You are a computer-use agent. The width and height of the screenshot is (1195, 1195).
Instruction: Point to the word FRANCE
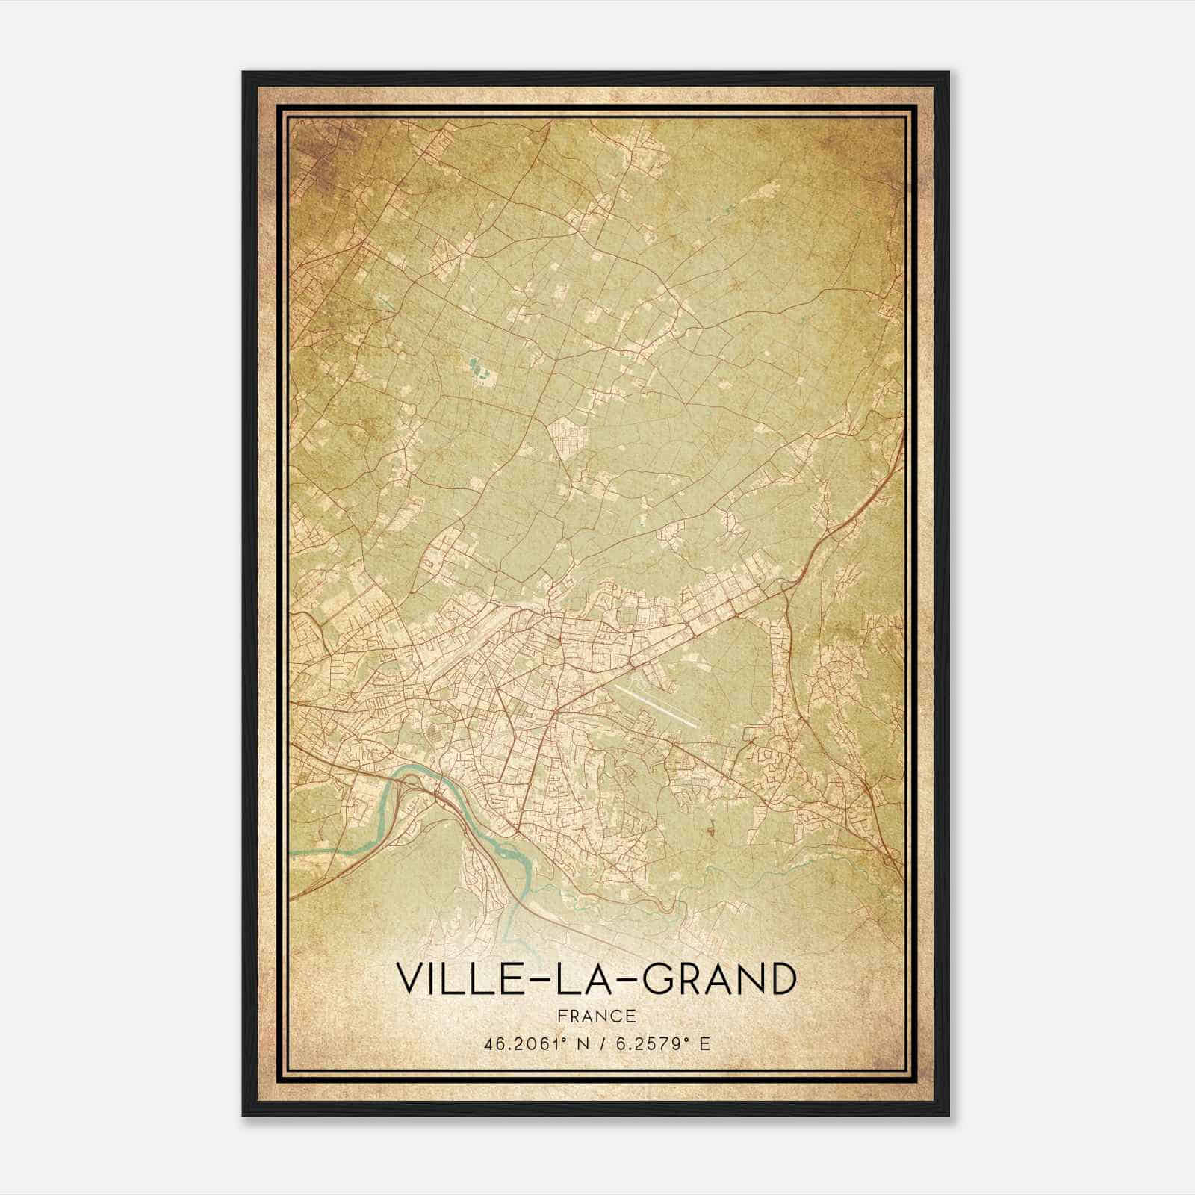[596, 1016]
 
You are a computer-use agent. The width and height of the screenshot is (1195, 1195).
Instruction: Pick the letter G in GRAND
[658, 978]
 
